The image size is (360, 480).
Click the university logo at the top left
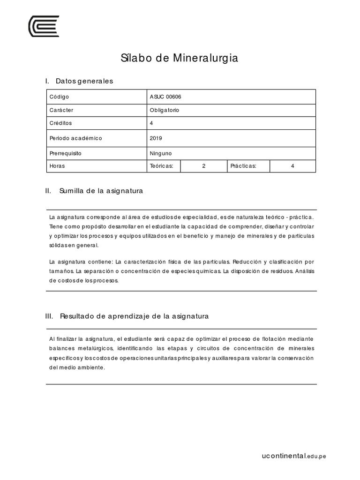[44, 26]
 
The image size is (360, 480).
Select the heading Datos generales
[84, 81]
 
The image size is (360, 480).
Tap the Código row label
[59, 97]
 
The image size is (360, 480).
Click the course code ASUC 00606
[165, 97]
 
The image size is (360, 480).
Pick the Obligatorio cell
[165, 110]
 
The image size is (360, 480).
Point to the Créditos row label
[60, 123]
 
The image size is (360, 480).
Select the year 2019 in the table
[156, 138]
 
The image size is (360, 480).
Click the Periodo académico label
[75, 138]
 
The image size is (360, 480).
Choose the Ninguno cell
[161, 153]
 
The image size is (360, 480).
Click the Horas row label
[57, 166]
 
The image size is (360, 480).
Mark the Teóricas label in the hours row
[162, 166]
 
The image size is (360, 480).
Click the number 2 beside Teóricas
[204, 166]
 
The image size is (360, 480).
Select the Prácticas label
[243, 166]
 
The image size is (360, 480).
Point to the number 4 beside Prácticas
[292, 166]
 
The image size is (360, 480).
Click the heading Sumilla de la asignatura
[101, 191]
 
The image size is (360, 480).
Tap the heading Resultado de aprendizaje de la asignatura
[134, 316]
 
